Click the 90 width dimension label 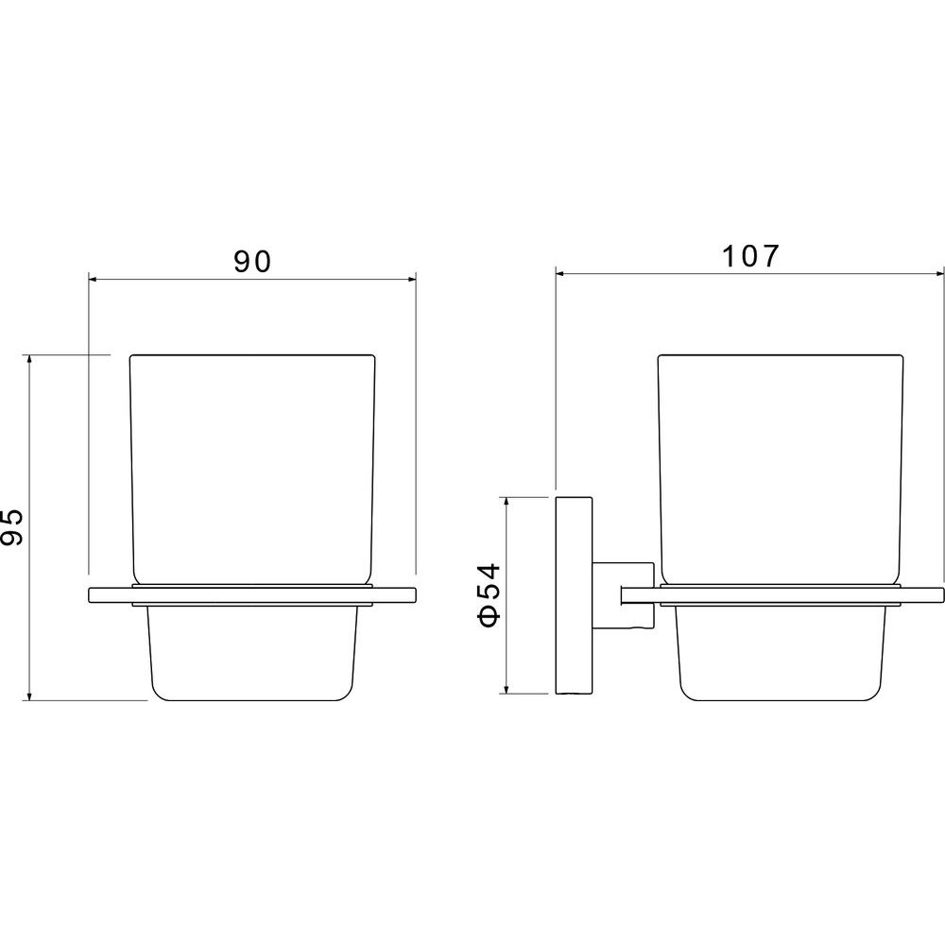[x=253, y=262]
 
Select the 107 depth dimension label [x=750, y=256]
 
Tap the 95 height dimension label [x=12, y=527]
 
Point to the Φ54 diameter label [x=489, y=594]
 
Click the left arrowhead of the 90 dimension [x=93, y=279]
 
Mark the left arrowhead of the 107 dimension [x=559, y=274]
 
